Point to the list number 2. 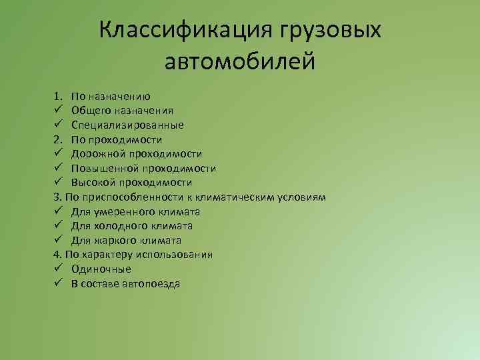[58, 139]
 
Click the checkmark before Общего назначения [59, 111]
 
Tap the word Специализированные [127, 125]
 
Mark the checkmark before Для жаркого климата [59, 240]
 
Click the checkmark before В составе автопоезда [59, 283]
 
